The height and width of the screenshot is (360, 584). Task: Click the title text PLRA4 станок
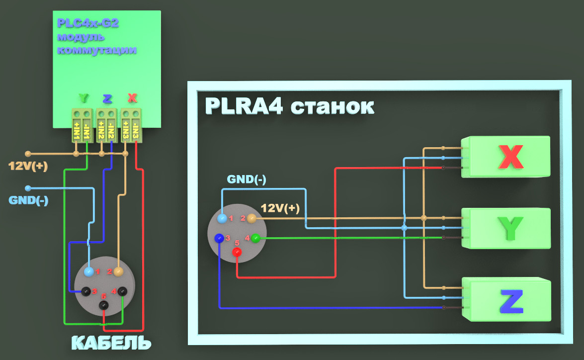point(289,106)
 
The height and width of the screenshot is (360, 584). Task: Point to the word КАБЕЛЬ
point(111,343)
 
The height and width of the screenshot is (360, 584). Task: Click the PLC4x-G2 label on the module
point(87,23)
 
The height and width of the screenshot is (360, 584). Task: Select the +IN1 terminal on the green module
point(77,130)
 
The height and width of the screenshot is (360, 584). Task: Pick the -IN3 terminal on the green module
point(136,130)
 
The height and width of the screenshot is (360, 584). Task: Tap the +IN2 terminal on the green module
point(101,130)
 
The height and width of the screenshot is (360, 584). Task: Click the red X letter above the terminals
point(132,98)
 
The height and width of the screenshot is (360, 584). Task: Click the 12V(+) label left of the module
point(28,166)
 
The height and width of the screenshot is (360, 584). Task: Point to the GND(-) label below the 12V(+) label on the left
point(28,200)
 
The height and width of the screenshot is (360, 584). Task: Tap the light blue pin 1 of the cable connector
point(89,271)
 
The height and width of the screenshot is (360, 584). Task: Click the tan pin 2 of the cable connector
point(118,271)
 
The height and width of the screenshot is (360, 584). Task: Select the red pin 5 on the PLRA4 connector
point(237,252)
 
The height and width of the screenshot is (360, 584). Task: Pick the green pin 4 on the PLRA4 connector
point(255,238)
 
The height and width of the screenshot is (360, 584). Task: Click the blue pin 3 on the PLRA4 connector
point(219,238)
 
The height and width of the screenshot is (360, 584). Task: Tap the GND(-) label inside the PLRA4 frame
point(246,179)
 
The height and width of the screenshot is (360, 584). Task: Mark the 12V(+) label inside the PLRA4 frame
point(280,208)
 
